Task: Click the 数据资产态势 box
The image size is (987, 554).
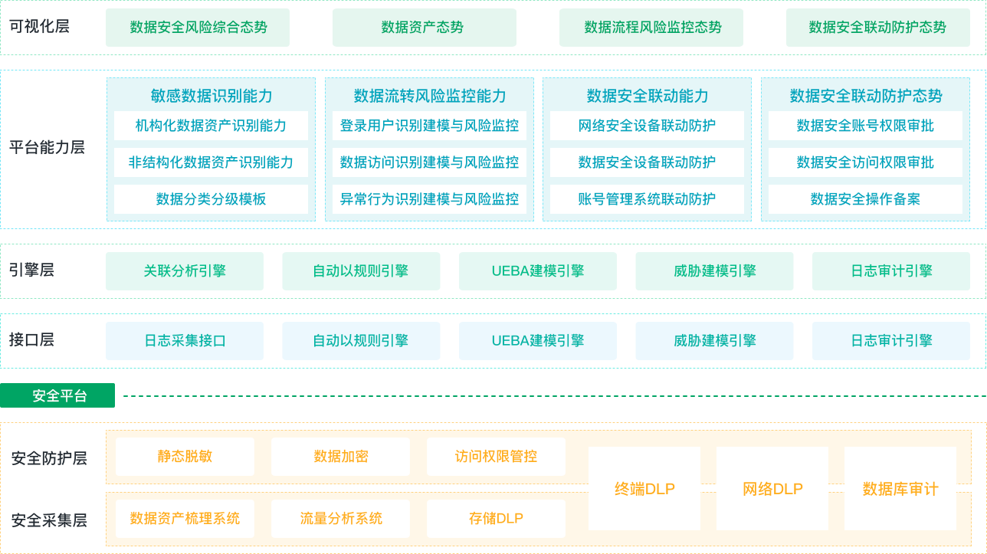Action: pyautogui.click(x=425, y=28)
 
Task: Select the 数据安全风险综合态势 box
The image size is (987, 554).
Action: pyautogui.click(x=198, y=28)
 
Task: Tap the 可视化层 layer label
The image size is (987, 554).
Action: pyautogui.click(x=39, y=27)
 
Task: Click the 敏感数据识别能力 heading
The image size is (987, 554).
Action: pyautogui.click(x=211, y=96)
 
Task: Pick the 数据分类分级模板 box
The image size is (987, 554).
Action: pyautogui.click(x=211, y=199)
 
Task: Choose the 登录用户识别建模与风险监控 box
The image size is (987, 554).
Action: pyautogui.click(x=429, y=126)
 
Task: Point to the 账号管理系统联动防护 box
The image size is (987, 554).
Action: pyautogui.click(x=647, y=199)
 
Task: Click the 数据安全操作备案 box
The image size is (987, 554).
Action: pyautogui.click(x=865, y=199)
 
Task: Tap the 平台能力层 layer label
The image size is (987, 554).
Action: pyautogui.click(x=47, y=147)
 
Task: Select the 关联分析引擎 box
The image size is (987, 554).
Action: pyautogui.click(x=185, y=271)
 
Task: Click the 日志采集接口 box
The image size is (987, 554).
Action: pyautogui.click(x=185, y=341)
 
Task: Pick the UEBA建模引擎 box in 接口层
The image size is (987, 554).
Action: pyautogui.click(x=538, y=341)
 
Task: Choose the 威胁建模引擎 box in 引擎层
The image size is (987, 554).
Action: pyautogui.click(x=714, y=271)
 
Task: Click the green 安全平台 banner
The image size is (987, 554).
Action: pyautogui.click(x=57, y=395)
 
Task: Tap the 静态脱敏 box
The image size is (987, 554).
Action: pyautogui.click(x=185, y=457)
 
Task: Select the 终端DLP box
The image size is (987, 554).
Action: pyautogui.click(x=644, y=488)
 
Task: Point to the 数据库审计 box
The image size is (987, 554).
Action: pyautogui.click(x=900, y=488)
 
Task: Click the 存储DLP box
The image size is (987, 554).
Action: pyautogui.click(x=496, y=519)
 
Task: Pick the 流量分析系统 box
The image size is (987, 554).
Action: pyautogui.click(x=340, y=519)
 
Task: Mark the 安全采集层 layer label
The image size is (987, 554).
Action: pyautogui.click(x=49, y=520)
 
